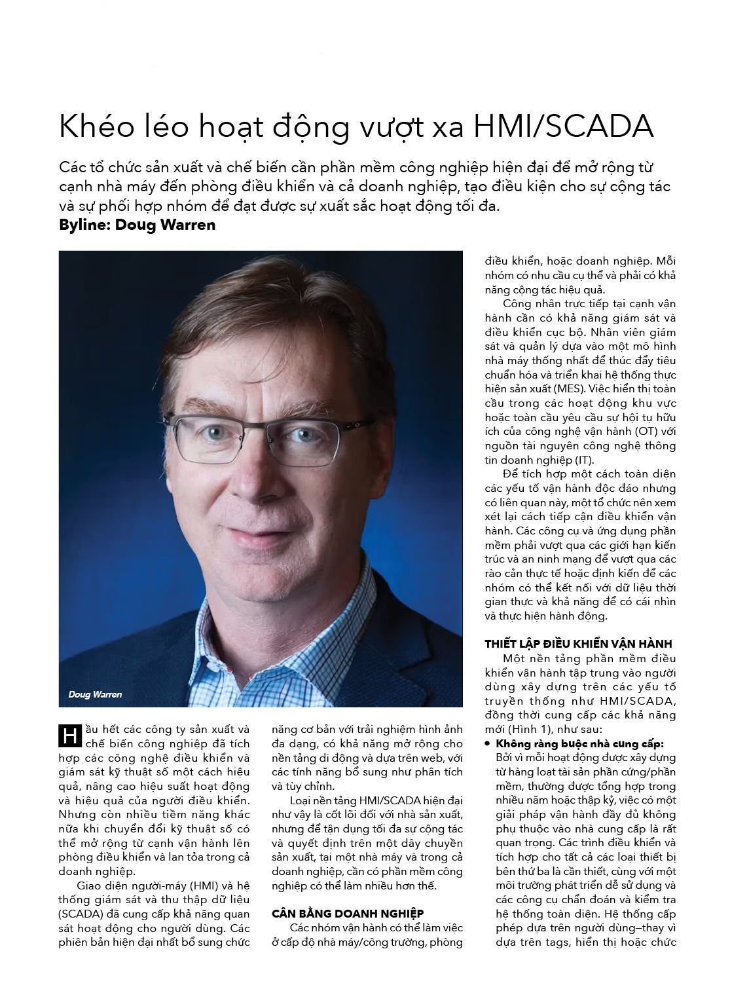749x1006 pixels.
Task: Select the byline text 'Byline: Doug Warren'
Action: [x=137, y=225]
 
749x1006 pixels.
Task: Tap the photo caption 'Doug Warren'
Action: [x=95, y=694]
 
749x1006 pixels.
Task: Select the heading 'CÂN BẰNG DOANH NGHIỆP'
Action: [x=347, y=913]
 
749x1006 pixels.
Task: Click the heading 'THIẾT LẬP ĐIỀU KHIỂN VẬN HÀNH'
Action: [x=578, y=644]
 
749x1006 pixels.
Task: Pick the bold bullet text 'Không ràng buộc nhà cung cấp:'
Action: [x=579, y=744]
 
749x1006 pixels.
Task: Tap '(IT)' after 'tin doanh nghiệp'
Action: [x=585, y=460]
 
